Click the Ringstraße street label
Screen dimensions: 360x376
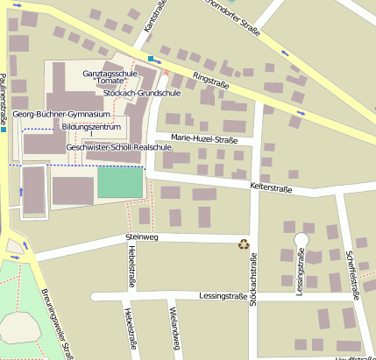pos(210,81)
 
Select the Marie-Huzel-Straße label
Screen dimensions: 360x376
pos(205,138)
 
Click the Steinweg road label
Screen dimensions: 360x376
pos(140,236)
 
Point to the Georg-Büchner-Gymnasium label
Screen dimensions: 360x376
pos(61,115)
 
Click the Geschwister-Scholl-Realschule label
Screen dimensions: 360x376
pos(118,147)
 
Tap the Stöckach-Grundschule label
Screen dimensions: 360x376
pos(142,92)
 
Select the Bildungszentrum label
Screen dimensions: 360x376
pos(91,128)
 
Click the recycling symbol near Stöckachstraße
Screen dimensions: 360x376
pos(243,244)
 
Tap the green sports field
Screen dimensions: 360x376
pos(119,182)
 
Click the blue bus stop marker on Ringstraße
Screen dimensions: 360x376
pos(151,59)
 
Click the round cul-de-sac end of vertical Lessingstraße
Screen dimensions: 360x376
pos(302,238)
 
